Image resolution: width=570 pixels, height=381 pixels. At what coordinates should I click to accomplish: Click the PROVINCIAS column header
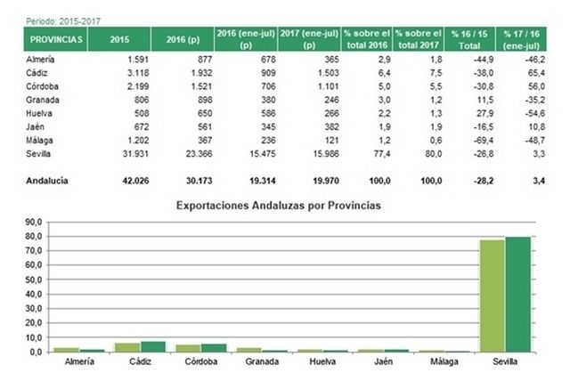pos(56,40)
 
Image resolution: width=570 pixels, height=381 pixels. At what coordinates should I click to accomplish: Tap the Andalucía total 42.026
pos(120,181)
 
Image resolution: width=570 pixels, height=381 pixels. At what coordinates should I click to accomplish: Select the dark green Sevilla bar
pos(517,294)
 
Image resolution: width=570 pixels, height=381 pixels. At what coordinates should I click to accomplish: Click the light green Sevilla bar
pos(493,296)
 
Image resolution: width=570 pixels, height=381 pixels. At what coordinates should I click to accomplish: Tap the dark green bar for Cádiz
pos(152,347)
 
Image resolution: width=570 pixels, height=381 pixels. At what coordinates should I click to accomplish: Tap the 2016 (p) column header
pos(180,40)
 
